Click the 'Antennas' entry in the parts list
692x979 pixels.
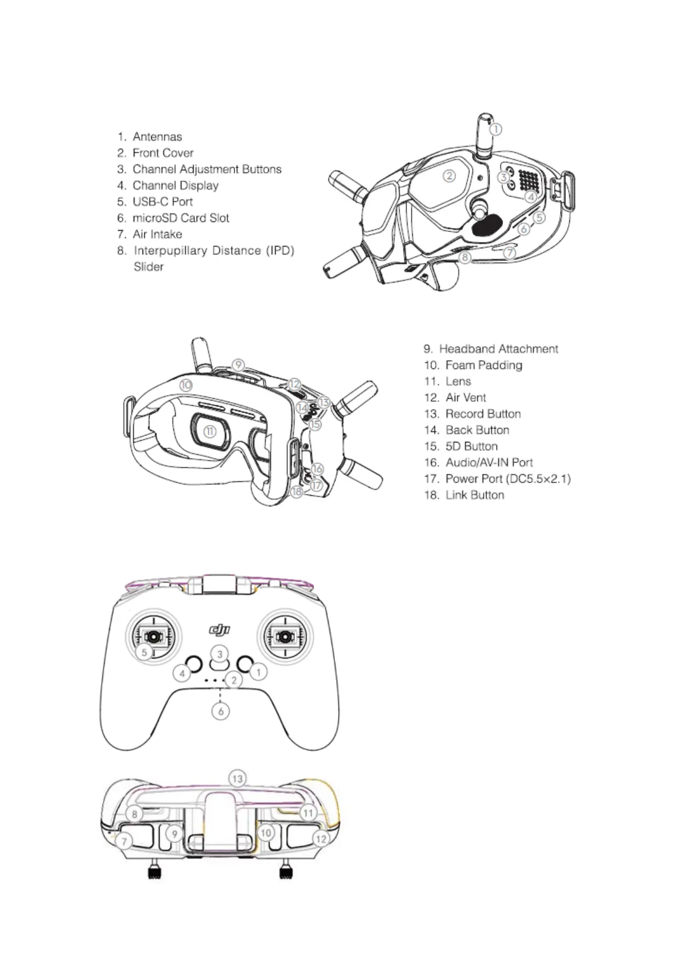[157, 137]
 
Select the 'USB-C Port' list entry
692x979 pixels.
[162, 202]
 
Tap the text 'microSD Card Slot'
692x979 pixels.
[181, 218]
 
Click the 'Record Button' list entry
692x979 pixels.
[483, 414]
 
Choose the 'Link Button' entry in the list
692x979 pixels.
[475, 495]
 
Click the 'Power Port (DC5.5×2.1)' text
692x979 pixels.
[508, 479]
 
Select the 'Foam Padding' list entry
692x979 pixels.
[483, 365]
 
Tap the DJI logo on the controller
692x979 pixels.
[220, 630]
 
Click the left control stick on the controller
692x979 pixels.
[152, 636]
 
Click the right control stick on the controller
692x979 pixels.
[285, 636]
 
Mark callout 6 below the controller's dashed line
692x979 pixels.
[221, 711]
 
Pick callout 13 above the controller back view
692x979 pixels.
[237, 778]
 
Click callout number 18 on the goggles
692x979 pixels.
[297, 492]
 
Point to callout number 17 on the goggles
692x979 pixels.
[316, 484]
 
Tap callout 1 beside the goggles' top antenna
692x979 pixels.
[495, 130]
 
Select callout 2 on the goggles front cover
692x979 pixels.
[450, 176]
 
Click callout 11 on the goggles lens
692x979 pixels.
[210, 431]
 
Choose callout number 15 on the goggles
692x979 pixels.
[315, 424]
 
